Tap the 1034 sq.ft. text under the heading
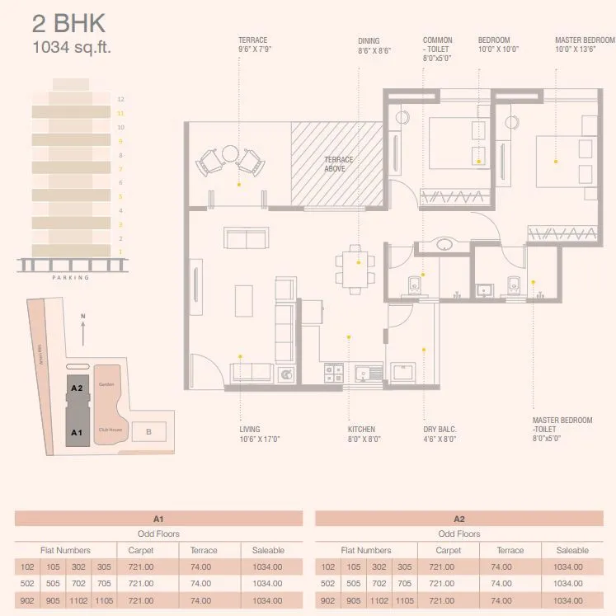point(71,47)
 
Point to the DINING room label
point(369,40)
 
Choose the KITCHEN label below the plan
point(361,430)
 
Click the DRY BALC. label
point(440,430)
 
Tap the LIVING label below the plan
point(250,430)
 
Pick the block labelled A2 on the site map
point(77,387)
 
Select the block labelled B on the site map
point(148,431)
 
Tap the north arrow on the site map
point(83,331)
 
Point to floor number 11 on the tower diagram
point(120,113)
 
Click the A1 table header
point(159,519)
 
